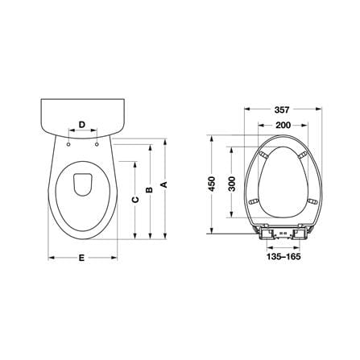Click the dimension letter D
[x=82, y=125]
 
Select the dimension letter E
[x=81, y=258]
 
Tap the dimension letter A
[x=164, y=184]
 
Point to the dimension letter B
[x=149, y=190]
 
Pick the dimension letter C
[x=135, y=200]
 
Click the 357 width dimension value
[x=282, y=110]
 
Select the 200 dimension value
[x=283, y=125]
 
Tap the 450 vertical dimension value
[x=212, y=184]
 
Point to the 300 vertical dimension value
[x=232, y=184]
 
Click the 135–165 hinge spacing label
[x=283, y=257]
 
